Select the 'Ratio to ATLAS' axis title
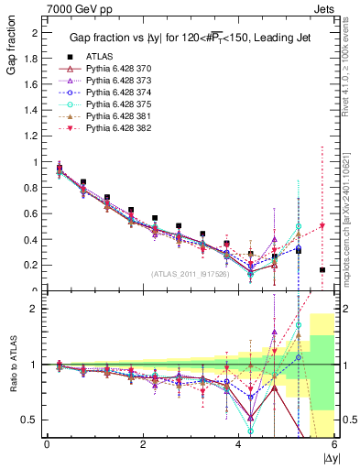coord(11,364)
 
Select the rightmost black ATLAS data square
coord(322,269)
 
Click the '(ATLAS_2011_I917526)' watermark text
coord(191,274)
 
